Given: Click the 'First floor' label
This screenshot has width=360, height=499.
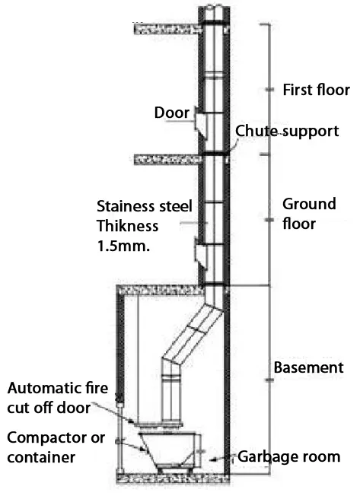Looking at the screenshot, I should pos(315,89).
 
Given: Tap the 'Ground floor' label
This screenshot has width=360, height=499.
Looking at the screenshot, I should pos(309,214).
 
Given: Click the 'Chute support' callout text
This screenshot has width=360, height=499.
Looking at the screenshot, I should pos(286,131).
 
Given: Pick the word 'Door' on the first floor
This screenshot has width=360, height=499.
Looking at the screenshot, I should pos(171,113).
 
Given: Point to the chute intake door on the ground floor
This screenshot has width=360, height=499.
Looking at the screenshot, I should pos(201,252).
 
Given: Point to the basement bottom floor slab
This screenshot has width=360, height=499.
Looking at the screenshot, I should pos(171,478).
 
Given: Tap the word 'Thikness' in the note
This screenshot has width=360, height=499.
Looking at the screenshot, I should pos(128,226).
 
